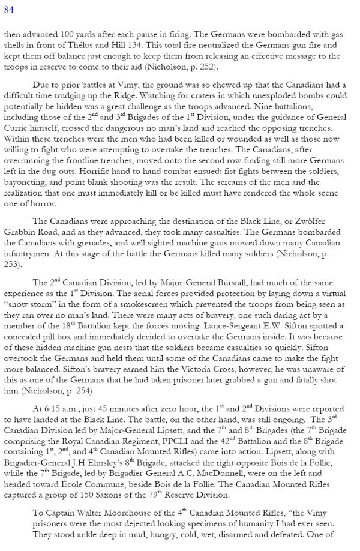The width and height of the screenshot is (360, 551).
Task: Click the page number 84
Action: click(10, 10)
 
